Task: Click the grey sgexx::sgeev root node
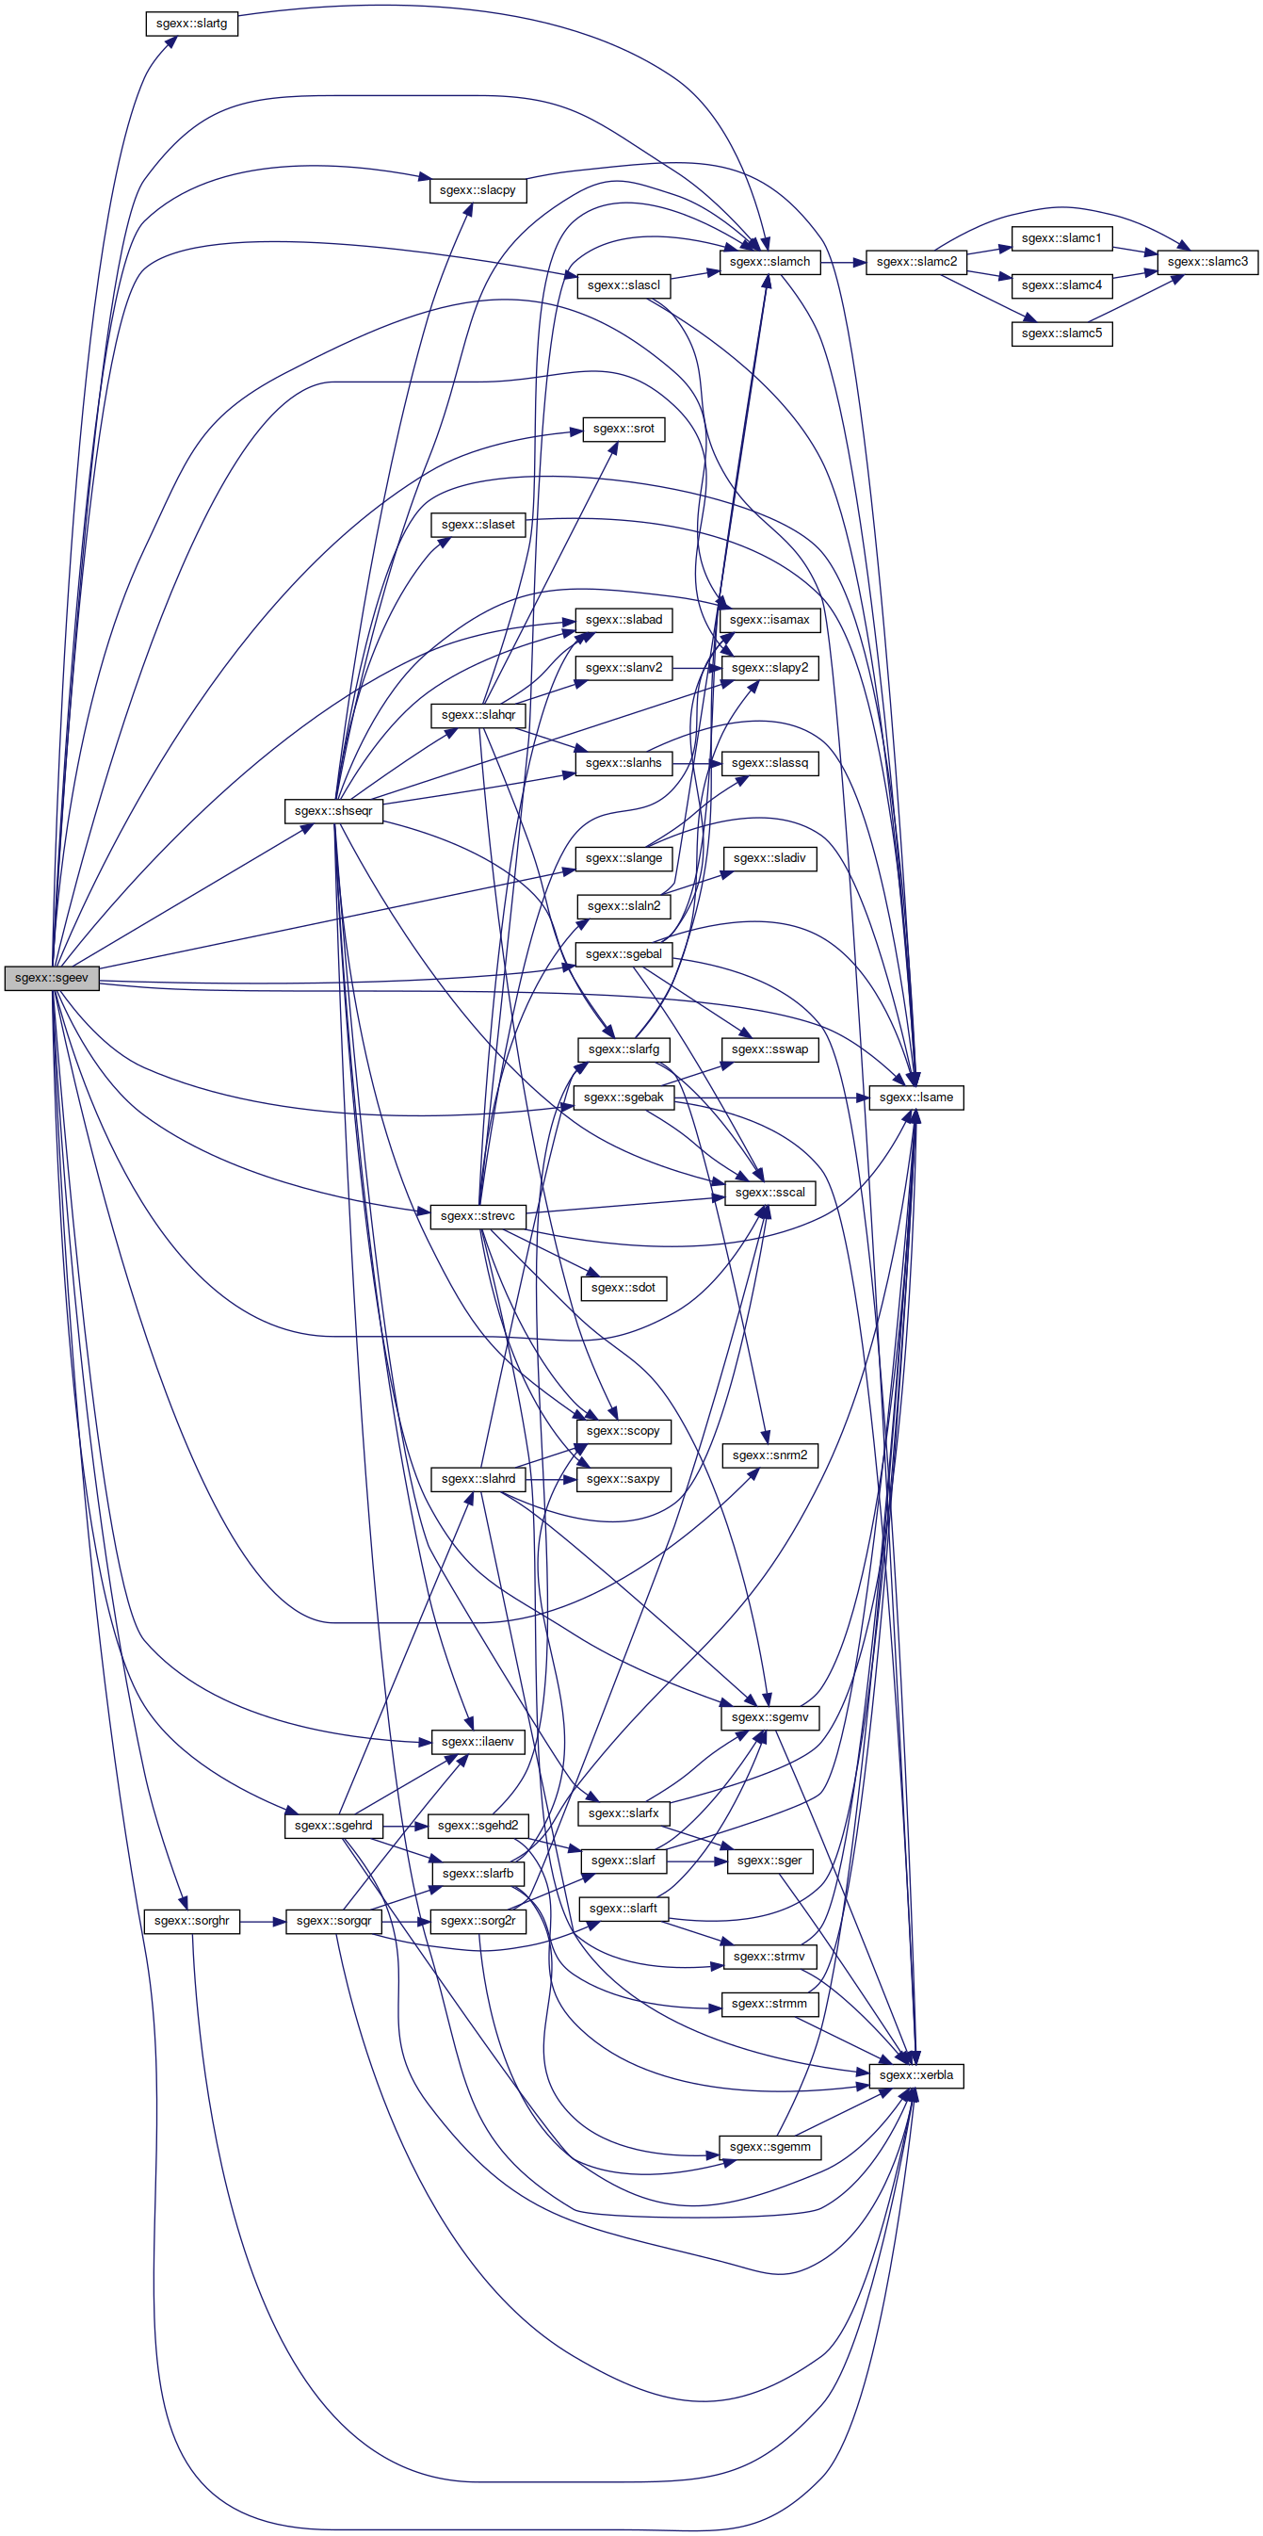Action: point(51,978)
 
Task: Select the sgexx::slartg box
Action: point(191,23)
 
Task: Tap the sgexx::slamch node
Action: point(769,262)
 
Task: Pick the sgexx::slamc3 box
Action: point(1207,262)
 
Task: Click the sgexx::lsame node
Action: point(915,1097)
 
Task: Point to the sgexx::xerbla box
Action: point(915,2075)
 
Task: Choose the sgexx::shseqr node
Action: point(333,811)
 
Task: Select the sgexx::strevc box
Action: point(478,1216)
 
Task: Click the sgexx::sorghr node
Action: point(192,1921)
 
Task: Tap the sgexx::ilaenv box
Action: point(478,1742)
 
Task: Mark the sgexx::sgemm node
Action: point(769,2147)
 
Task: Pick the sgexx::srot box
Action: point(623,430)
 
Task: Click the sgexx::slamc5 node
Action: point(1062,333)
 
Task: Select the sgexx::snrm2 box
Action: point(769,1455)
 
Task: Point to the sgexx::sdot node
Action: point(623,1288)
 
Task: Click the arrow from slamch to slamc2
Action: point(844,262)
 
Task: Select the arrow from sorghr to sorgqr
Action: point(263,1921)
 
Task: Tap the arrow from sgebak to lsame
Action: point(771,1097)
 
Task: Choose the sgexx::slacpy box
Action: point(478,190)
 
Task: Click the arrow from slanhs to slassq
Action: point(698,763)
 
